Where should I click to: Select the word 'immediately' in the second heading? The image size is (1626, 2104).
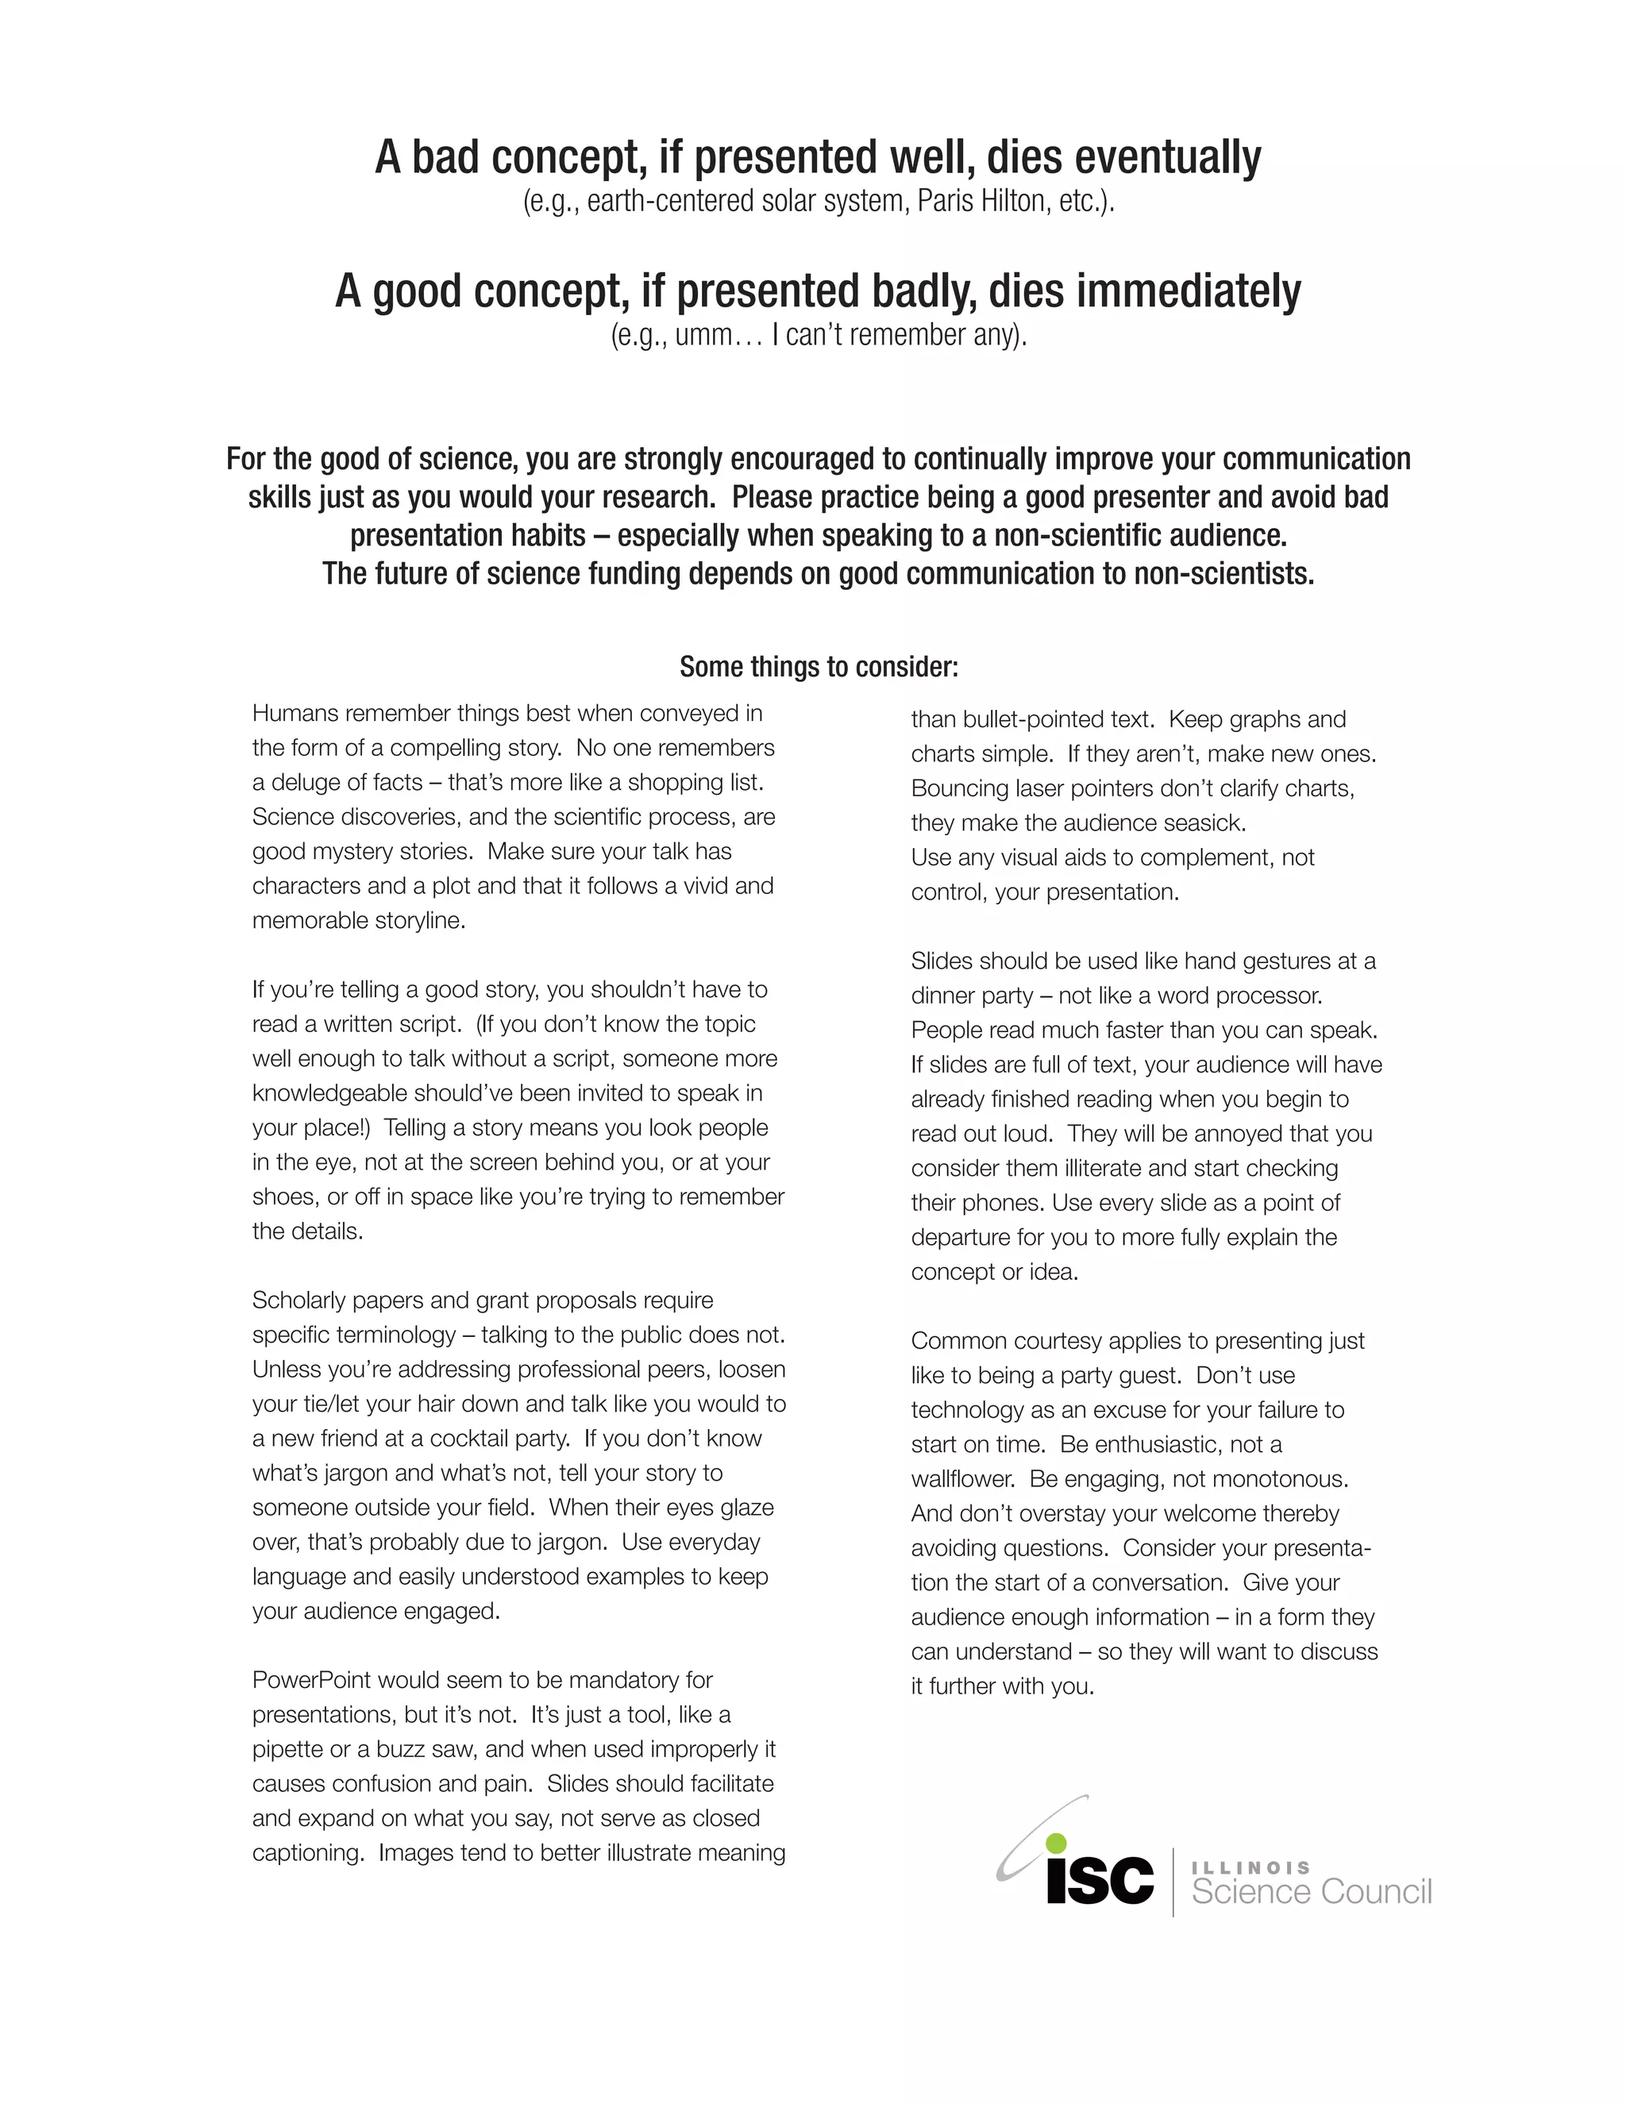point(1188,291)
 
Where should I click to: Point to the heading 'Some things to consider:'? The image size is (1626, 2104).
point(819,667)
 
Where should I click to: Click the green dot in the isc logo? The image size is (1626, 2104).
point(1057,1841)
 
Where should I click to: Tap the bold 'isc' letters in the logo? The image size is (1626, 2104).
point(1100,1879)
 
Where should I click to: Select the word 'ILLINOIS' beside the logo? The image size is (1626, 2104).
point(1251,1868)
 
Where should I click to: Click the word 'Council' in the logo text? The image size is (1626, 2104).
point(1377,1892)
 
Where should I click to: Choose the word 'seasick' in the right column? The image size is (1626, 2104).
point(1204,823)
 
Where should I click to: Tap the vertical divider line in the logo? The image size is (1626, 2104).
point(1173,1882)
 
